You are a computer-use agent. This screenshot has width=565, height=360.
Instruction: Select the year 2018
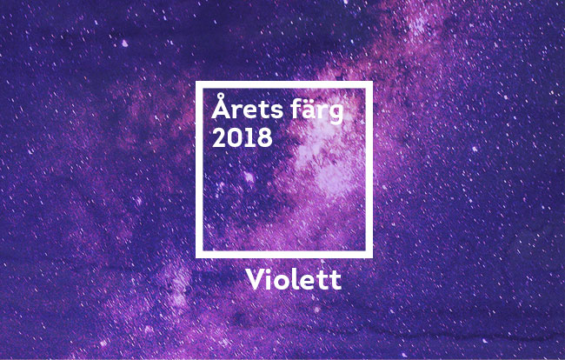243,137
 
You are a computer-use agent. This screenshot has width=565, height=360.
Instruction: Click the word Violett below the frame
294,279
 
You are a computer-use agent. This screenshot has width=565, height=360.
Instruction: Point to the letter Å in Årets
221,106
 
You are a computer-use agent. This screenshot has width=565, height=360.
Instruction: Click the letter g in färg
335,113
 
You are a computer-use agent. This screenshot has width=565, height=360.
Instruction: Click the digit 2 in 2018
219,137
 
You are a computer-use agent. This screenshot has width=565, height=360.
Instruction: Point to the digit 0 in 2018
236,137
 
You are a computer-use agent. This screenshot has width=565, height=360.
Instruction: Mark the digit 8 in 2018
264,137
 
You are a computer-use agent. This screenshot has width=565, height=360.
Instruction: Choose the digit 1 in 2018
250,137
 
